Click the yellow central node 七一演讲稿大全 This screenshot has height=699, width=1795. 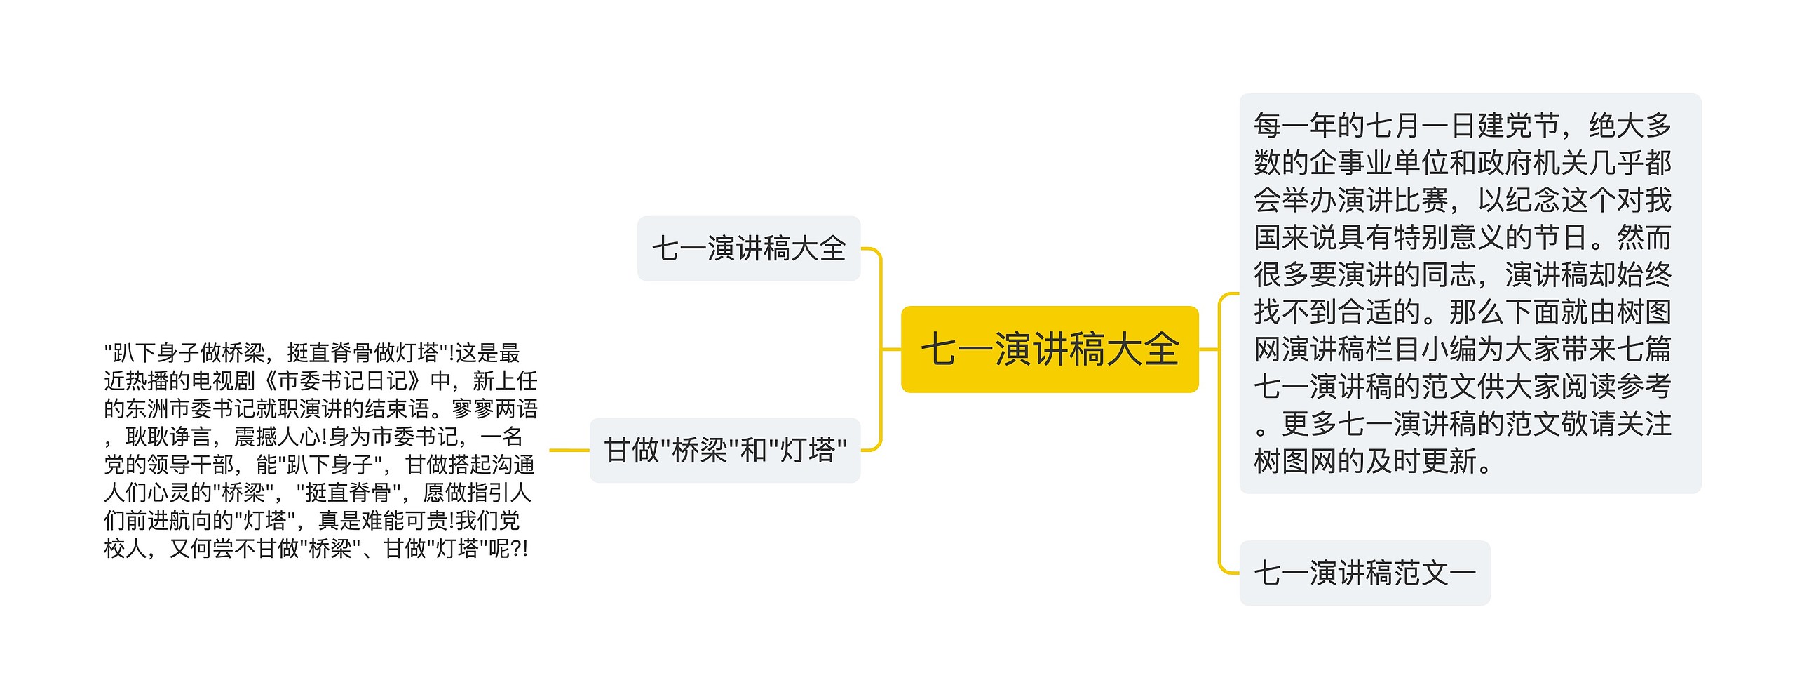(x=1049, y=349)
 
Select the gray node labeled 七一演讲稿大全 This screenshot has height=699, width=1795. (x=748, y=248)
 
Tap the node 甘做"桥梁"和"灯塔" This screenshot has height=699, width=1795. (x=725, y=451)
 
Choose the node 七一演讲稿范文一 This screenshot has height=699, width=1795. (x=1364, y=573)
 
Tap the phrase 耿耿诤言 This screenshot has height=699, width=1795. (x=168, y=437)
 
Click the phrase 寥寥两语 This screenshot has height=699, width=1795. (x=495, y=408)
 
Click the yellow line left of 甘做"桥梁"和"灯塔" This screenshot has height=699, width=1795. (x=569, y=450)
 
